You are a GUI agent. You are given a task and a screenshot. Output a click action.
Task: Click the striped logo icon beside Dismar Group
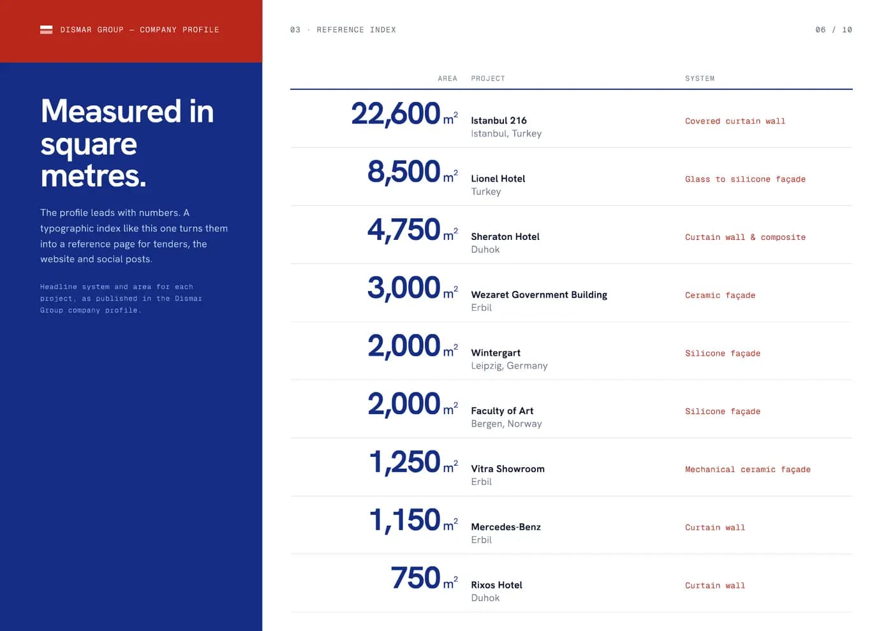click(46, 29)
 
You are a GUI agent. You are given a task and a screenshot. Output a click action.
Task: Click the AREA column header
click(447, 78)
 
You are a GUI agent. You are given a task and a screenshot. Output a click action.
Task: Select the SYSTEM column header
click(700, 78)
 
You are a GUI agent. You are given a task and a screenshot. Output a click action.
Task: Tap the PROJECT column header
click(488, 78)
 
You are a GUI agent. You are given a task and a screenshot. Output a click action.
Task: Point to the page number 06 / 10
click(834, 29)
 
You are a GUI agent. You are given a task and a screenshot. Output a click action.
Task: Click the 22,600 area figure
click(395, 114)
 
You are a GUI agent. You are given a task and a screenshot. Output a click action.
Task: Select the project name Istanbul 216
click(499, 121)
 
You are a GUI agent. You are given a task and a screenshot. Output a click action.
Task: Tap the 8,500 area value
click(403, 172)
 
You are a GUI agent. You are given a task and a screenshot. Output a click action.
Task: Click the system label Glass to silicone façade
click(745, 179)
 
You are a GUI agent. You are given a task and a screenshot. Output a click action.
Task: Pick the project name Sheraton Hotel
click(505, 237)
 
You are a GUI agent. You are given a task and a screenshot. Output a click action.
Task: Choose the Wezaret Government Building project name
click(539, 295)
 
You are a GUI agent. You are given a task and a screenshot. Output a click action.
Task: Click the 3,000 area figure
click(403, 288)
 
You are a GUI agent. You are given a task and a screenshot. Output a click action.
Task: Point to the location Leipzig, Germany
click(509, 366)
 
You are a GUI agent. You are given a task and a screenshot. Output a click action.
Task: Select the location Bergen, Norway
click(506, 424)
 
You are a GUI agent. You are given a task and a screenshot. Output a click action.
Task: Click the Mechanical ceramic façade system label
click(748, 470)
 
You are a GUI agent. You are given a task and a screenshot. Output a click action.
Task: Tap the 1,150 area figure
click(404, 520)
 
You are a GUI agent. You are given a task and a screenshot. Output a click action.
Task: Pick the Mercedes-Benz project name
click(506, 527)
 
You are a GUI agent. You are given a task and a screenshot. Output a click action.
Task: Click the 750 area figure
click(415, 578)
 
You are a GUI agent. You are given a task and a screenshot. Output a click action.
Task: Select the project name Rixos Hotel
click(496, 584)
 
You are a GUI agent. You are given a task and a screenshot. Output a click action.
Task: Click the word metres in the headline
click(93, 176)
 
